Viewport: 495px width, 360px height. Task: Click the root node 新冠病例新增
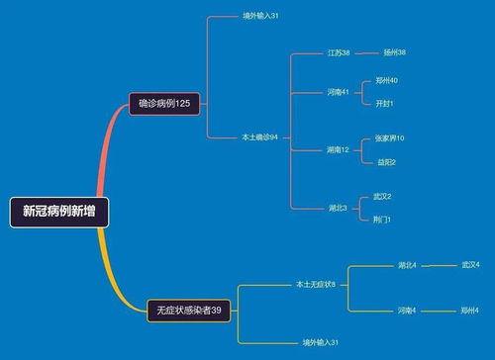(x=59, y=211)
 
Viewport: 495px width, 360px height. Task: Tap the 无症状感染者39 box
(x=190, y=311)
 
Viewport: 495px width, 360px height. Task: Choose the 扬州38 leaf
(x=394, y=52)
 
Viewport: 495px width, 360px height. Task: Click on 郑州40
(x=387, y=80)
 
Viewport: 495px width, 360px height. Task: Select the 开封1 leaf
(x=385, y=103)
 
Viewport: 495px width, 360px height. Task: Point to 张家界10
(x=389, y=138)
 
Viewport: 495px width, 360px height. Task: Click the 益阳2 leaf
(x=386, y=161)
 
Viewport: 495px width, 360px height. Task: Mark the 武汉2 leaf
(x=382, y=196)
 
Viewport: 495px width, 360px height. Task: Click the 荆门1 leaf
(x=382, y=219)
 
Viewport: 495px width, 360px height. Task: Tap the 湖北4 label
(x=407, y=265)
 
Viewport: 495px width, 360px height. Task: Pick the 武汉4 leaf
(x=469, y=265)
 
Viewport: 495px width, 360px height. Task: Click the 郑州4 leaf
(x=469, y=311)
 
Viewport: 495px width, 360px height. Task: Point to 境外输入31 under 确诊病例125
(x=260, y=17)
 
